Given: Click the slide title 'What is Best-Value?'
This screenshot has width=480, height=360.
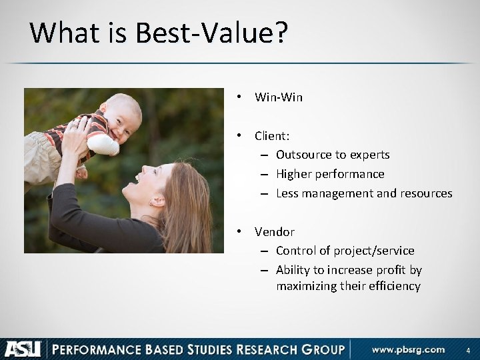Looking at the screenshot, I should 159,33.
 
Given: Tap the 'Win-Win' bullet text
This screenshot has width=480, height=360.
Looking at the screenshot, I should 279,97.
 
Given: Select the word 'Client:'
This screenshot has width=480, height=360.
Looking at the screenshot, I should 272,136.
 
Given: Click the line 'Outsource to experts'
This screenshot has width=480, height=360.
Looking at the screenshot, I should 333,155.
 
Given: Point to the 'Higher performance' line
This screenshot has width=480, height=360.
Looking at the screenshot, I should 330,174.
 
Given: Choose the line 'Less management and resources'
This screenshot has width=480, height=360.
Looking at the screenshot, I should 364,193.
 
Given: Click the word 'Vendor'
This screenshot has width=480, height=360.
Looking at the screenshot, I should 274,232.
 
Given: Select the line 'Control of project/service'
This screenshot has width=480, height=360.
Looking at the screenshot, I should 345,251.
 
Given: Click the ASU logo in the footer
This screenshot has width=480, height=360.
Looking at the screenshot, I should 23,349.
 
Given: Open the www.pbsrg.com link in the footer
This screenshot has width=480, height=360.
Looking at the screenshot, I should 408,349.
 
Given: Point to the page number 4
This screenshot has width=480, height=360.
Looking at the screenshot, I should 467,350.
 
